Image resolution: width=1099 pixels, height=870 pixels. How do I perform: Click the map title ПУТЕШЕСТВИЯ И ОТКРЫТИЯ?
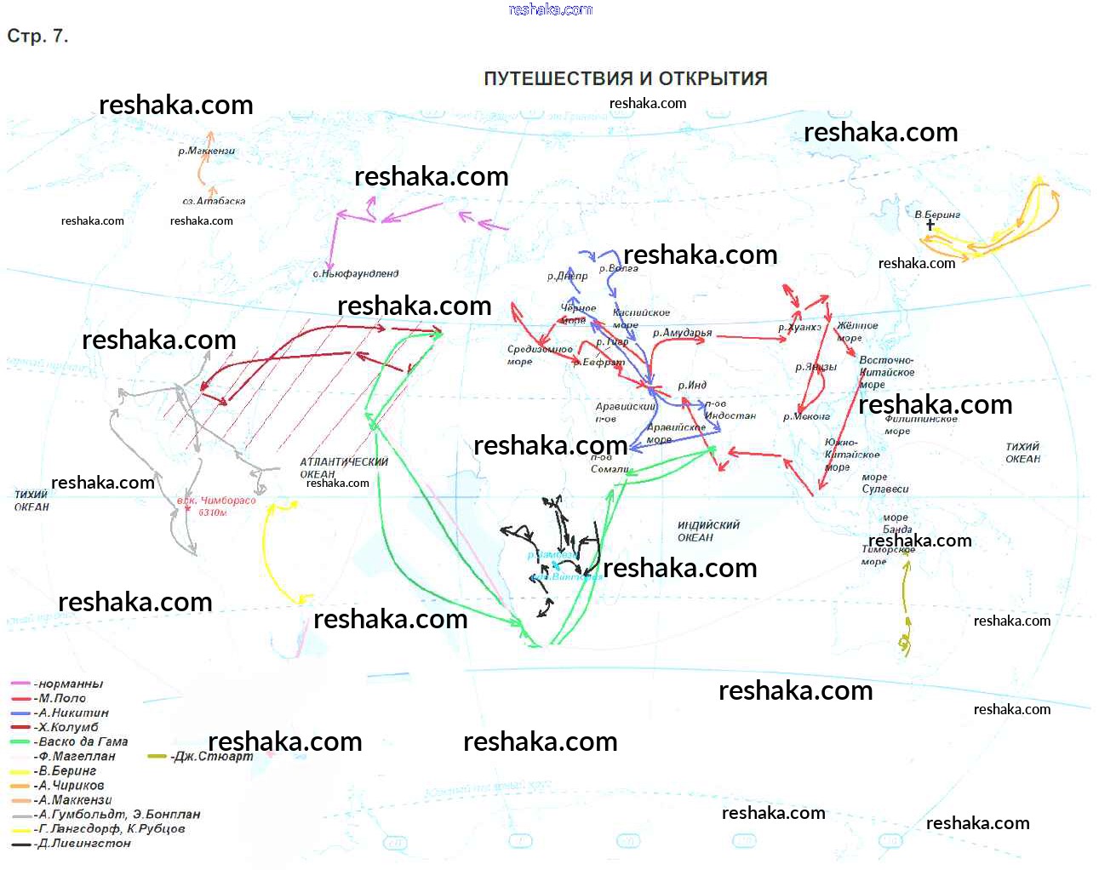(625, 78)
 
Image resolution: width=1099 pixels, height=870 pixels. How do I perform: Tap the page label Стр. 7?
(37, 36)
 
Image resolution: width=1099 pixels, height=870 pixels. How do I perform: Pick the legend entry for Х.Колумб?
(68, 727)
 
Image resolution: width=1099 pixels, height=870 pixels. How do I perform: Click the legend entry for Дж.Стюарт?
(213, 756)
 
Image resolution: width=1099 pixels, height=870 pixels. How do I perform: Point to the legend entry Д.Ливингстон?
(84, 843)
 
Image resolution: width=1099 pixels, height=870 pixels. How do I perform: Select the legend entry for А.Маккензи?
(75, 799)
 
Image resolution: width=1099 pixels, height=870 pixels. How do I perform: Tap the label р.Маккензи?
(206, 151)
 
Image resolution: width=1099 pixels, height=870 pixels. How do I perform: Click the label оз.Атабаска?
(214, 201)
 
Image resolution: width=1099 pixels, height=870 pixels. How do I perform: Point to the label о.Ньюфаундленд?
(356, 273)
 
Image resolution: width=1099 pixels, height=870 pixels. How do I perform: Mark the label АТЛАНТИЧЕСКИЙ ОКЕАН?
(343, 467)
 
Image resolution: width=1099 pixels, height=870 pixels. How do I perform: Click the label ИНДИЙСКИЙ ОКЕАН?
(708, 531)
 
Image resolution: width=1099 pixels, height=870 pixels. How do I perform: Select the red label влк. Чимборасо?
(215, 506)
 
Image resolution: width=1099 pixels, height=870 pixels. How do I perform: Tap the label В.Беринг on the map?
(937, 215)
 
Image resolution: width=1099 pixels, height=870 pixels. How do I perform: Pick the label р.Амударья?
(682, 333)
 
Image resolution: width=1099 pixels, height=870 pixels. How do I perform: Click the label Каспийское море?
(640, 318)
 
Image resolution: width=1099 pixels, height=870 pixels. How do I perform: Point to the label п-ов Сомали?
(609, 464)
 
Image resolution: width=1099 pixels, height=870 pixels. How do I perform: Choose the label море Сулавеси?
(884, 483)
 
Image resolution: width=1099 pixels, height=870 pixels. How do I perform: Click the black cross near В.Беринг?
(930, 225)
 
